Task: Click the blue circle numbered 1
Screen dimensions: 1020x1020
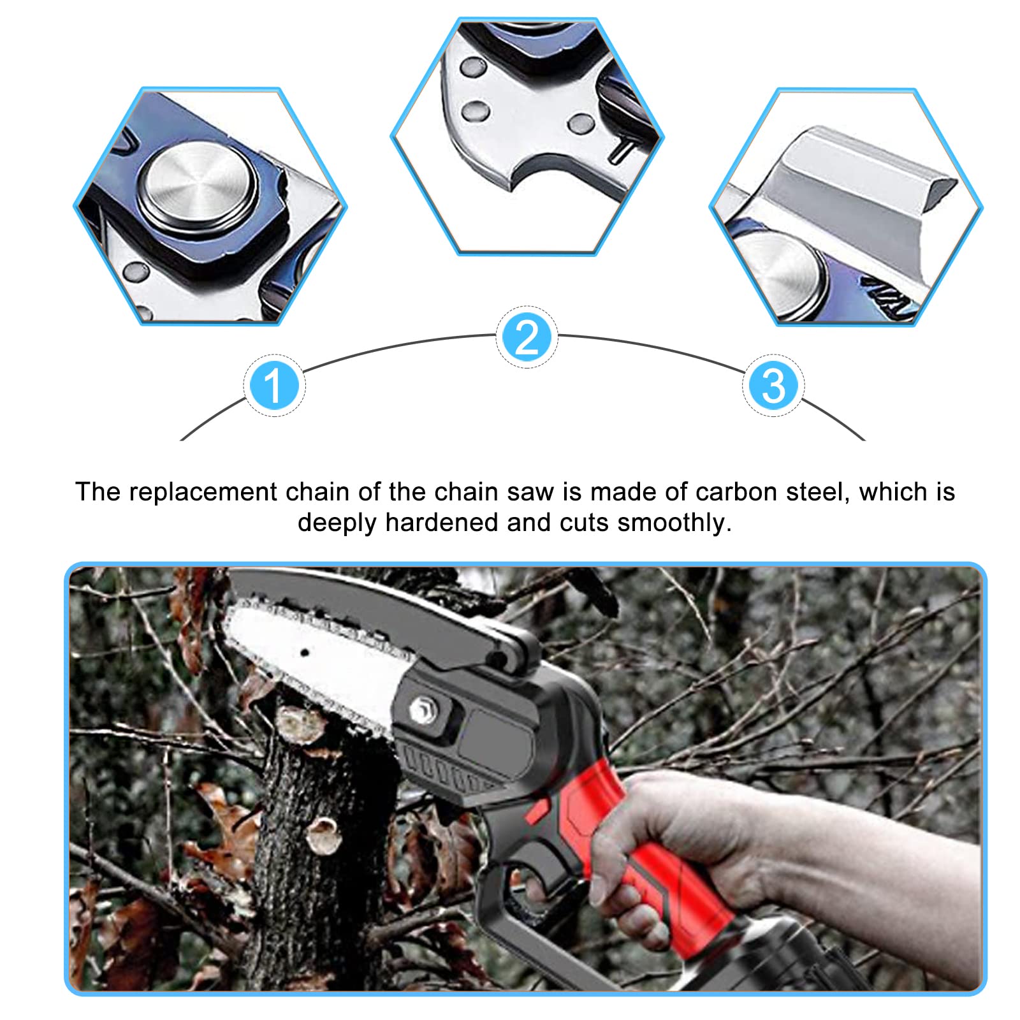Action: (274, 386)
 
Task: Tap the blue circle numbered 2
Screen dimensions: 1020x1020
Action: (527, 337)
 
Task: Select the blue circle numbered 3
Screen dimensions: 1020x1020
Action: (773, 386)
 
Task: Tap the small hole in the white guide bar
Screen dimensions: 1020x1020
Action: (305, 653)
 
